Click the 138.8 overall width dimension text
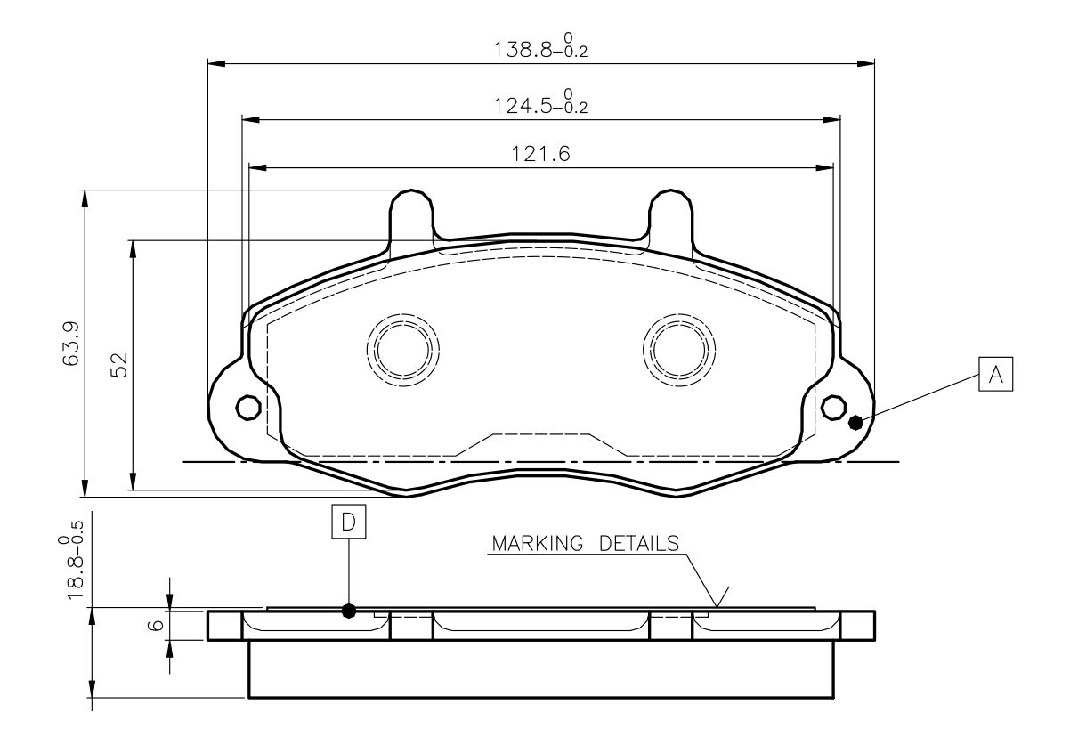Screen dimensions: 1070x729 (x=540, y=46)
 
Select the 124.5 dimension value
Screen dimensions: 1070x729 (x=540, y=101)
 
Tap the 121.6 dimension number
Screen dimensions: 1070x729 (x=540, y=154)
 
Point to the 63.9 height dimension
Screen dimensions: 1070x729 (x=71, y=344)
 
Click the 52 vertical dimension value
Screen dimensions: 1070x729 (x=119, y=365)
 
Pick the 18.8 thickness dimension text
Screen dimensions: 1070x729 (x=71, y=560)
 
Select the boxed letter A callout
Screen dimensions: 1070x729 (x=995, y=374)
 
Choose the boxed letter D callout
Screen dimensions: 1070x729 (x=349, y=522)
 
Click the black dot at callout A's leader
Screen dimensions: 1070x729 (x=855, y=422)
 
